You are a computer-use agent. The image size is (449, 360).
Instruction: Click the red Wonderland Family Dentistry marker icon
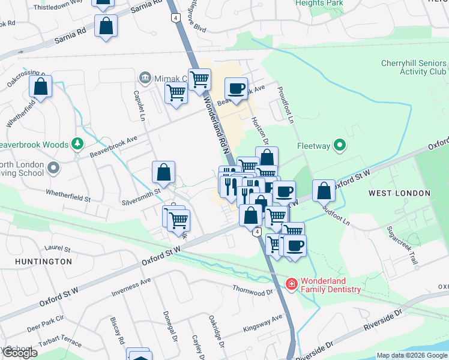291,283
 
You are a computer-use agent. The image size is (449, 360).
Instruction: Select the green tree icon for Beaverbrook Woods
77,144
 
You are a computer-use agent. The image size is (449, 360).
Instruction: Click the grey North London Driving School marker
53,169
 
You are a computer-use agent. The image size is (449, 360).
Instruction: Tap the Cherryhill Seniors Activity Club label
414,68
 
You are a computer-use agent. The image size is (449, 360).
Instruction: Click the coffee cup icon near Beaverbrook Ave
236,89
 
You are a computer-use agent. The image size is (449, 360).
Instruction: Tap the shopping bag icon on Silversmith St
163,173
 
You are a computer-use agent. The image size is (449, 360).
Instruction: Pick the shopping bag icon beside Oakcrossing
40,86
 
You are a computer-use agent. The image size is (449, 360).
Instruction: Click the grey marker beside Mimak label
145,77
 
